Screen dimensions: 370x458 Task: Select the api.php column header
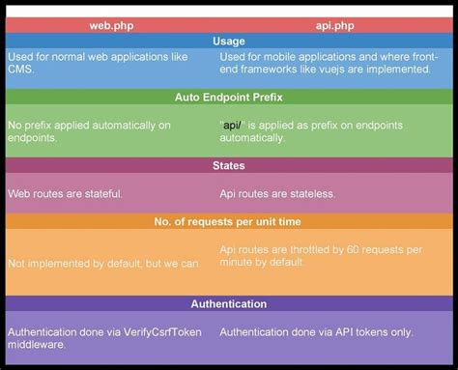click(x=336, y=24)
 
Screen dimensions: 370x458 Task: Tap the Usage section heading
click(x=229, y=41)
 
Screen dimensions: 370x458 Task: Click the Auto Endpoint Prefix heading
click(x=229, y=97)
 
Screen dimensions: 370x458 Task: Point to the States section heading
click(x=229, y=165)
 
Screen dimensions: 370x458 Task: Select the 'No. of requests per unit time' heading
click(x=229, y=221)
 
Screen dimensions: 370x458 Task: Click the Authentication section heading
click(x=229, y=303)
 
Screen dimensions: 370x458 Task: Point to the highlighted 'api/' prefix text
click(x=232, y=126)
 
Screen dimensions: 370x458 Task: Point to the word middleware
click(x=37, y=344)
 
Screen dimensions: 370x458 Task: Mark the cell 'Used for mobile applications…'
click(x=329, y=64)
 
